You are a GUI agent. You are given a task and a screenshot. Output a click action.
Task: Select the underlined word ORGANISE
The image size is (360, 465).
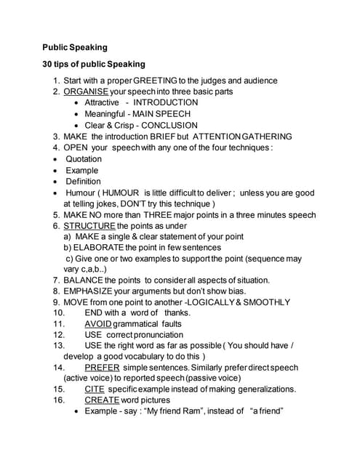pyautogui.click(x=86, y=92)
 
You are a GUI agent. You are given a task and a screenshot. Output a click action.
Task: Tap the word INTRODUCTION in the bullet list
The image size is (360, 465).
pyautogui.click(x=165, y=102)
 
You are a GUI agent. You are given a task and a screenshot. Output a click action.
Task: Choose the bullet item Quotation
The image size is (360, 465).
pyautogui.click(x=84, y=158)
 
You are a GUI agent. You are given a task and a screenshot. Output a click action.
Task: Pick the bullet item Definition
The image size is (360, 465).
pyautogui.click(x=83, y=181)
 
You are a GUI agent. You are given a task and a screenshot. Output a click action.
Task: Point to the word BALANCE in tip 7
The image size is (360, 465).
pyautogui.click(x=84, y=280)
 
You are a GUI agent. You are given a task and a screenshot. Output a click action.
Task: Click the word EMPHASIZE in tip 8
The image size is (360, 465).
pyautogui.click(x=89, y=291)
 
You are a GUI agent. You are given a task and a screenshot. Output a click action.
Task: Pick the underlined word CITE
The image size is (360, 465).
pyautogui.click(x=95, y=389)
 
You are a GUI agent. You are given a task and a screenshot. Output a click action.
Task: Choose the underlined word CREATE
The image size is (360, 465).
pyautogui.click(x=102, y=400)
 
